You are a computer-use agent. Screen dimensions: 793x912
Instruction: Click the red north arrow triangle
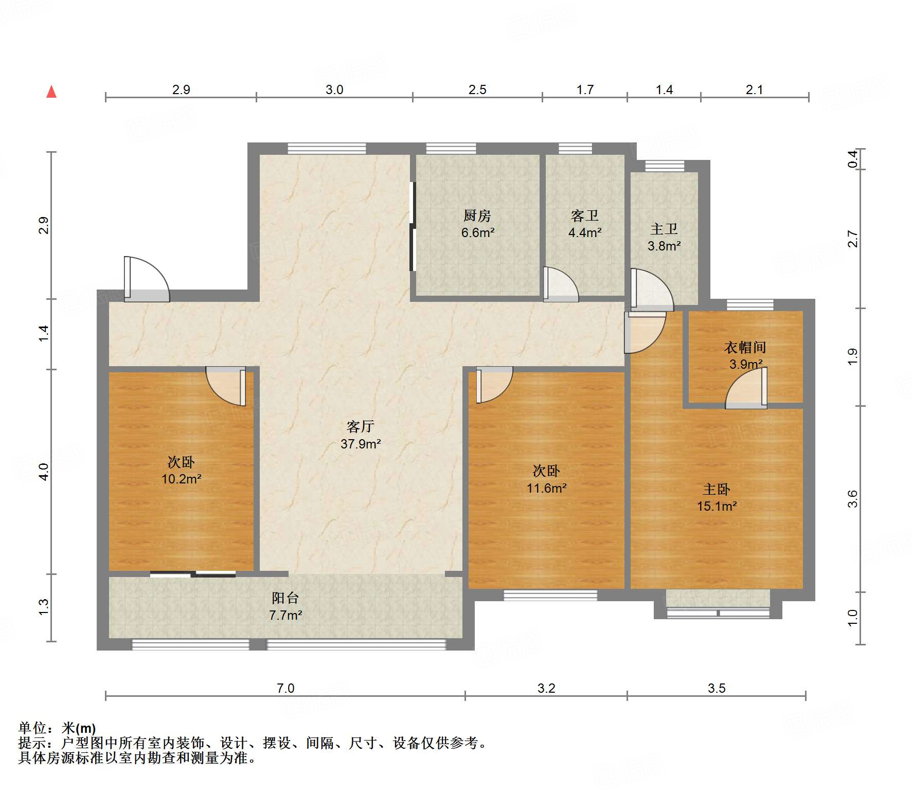pos(51,92)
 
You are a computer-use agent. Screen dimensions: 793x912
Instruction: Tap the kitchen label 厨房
pos(477,216)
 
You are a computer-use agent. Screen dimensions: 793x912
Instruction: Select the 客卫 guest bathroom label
pos(584,216)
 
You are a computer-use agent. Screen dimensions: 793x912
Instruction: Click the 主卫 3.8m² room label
pos(664,237)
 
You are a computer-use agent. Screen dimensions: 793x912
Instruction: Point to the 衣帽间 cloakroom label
pos(745,348)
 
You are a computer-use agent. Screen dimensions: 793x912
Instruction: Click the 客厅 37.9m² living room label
pos(360,435)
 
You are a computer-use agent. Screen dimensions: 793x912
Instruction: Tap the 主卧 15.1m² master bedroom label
pos(717,497)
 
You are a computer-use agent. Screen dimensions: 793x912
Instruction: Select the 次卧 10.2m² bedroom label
pos(181,470)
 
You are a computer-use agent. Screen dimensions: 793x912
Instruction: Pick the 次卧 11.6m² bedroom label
pos(546,479)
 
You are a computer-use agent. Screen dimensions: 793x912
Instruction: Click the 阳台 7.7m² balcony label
pos(285,606)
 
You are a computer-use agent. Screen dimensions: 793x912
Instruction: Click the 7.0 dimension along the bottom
pos(285,688)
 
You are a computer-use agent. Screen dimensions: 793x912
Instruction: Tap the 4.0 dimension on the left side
pos(44,471)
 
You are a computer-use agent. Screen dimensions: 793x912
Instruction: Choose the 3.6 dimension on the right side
pos(853,499)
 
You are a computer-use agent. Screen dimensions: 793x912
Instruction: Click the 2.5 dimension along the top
pos(477,90)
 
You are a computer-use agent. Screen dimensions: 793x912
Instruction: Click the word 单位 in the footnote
pos(32,728)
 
